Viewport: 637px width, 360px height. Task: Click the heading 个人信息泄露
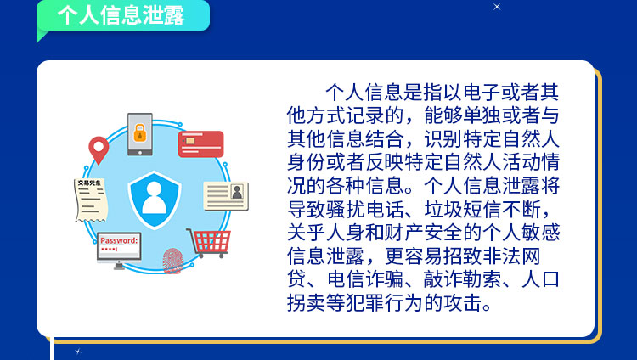(x=121, y=15)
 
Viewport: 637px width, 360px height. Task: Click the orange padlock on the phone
(x=140, y=132)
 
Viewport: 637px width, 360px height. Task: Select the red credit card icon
(x=200, y=143)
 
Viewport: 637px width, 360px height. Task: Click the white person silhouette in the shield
(x=155, y=198)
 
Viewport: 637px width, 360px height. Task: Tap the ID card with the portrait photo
(x=226, y=196)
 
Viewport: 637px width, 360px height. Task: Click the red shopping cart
(x=209, y=243)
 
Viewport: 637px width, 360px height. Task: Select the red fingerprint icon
(x=173, y=261)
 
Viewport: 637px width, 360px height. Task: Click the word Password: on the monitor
(x=119, y=240)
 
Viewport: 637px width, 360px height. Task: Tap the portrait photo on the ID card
(x=237, y=191)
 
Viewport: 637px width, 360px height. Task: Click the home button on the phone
(x=140, y=153)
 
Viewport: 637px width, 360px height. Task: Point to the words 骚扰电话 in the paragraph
(x=365, y=210)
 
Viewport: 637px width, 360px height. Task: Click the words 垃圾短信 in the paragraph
(x=463, y=210)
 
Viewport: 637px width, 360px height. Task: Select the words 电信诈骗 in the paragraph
(x=365, y=279)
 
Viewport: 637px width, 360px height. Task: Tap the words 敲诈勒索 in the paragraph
(x=463, y=279)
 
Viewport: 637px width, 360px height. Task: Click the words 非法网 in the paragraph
(x=511, y=256)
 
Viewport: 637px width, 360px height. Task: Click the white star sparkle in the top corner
(x=497, y=7)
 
